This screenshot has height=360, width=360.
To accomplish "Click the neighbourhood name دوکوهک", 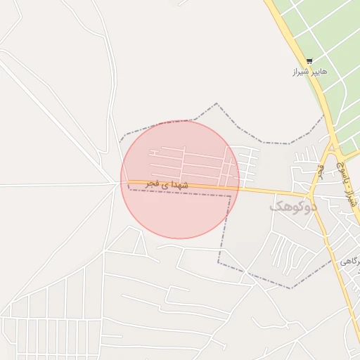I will (293, 207).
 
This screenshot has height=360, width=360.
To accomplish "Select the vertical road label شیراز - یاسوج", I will (353, 189).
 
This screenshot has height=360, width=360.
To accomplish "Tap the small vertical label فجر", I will (321, 170).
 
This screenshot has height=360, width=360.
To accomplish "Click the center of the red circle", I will (180, 179).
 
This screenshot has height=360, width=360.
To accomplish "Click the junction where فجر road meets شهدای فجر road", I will (310, 194).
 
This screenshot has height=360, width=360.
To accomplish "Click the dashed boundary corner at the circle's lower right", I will (230, 196).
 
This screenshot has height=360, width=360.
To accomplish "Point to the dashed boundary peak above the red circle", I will (217, 104).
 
